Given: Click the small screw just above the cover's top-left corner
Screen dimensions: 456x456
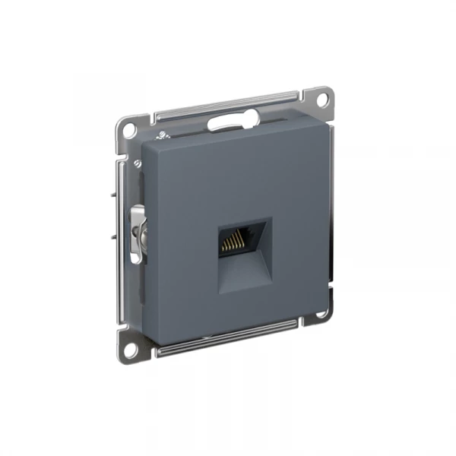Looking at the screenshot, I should click(x=163, y=136).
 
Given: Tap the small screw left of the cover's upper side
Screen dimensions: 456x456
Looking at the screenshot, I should click(x=137, y=163).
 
